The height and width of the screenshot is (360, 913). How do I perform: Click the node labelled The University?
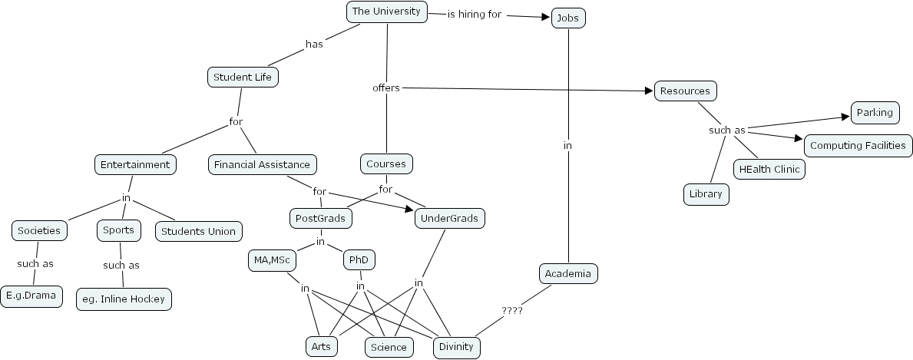click(x=386, y=12)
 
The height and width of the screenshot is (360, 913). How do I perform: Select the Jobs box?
click(x=568, y=18)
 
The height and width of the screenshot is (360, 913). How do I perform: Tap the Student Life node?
click(x=243, y=77)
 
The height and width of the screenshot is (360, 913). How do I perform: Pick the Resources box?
click(x=685, y=91)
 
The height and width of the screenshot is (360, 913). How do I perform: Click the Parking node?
click(x=874, y=113)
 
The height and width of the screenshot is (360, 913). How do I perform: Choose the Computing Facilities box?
click(x=858, y=145)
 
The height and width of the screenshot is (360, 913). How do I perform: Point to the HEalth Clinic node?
click(x=769, y=169)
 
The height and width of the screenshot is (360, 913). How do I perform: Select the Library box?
click(x=706, y=194)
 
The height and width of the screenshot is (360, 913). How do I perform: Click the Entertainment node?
click(x=135, y=164)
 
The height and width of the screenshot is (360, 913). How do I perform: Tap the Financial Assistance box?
click(x=262, y=164)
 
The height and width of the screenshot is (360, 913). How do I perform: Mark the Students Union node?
click(x=199, y=231)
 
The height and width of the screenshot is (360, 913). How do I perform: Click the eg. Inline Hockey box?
click(x=124, y=299)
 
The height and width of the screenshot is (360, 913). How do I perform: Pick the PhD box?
click(x=359, y=260)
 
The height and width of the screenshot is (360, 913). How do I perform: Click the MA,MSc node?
click(x=271, y=261)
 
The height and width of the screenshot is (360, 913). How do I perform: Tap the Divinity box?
click(x=456, y=347)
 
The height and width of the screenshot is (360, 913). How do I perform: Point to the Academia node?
click(x=567, y=274)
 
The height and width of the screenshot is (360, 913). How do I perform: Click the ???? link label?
click(x=511, y=311)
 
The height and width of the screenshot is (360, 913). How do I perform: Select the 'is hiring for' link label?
click(x=475, y=14)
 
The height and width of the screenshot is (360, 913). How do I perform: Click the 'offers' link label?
click(x=386, y=88)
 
